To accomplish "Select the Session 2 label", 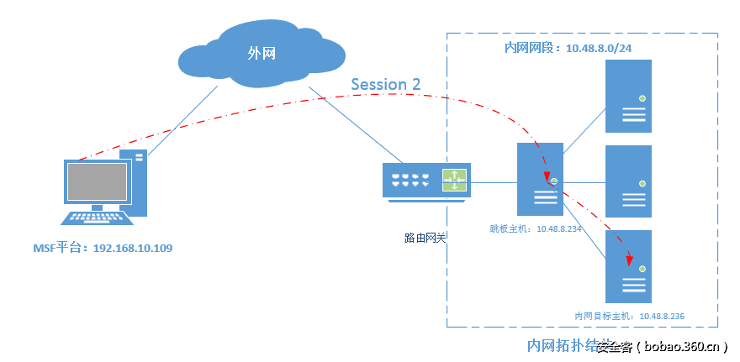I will pos(385,84).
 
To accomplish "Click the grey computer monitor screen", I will pos(97,181).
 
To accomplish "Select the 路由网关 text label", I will pos(425,239).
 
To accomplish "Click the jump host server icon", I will pos(540,178).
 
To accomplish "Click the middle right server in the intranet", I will pos(628,181).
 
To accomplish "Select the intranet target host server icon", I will pos(628,266).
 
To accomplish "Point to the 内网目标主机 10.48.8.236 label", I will pos(629,316).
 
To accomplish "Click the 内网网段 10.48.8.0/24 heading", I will pos(568,49).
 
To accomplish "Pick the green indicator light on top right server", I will pos(642,98).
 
